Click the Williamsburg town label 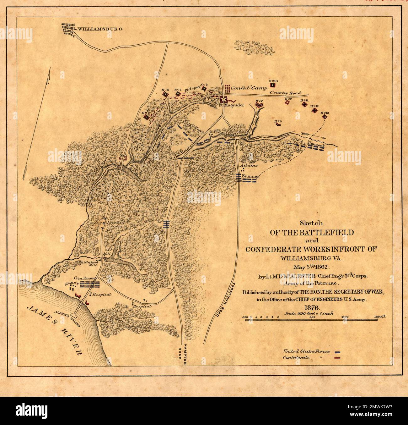point(99,29)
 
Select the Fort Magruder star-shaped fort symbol point(223,100)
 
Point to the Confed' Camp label point(247,88)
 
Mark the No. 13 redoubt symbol point(325,117)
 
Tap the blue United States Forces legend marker point(338,352)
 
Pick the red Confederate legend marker point(338,358)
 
